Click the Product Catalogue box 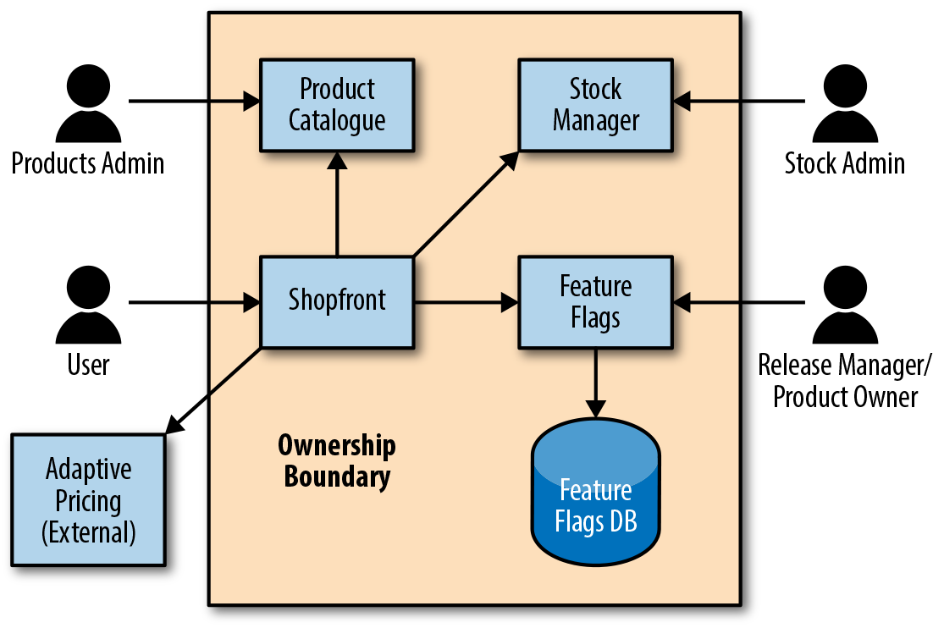[x=337, y=104]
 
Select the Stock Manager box [x=595, y=104]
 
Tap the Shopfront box [x=337, y=300]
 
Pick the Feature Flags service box [x=595, y=300]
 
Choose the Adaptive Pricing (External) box [x=88, y=500]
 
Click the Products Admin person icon [x=88, y=106]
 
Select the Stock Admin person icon [x=844, y=106]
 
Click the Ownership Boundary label [x=337, y=461]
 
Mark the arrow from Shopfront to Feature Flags [x=466, y=300]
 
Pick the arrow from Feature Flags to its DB [x=595, y=381]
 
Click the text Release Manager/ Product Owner [x=844, y=381]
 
